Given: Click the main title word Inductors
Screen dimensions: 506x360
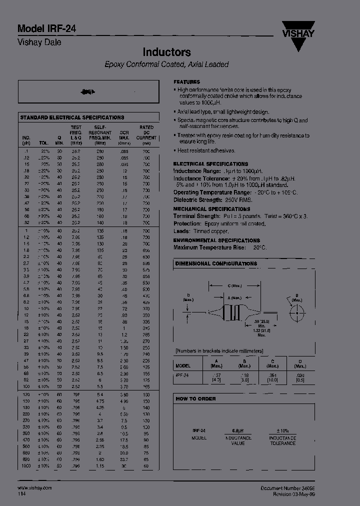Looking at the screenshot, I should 166,52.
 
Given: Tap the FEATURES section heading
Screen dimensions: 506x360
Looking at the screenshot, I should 186,81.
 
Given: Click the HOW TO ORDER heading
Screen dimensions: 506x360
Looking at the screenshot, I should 196,398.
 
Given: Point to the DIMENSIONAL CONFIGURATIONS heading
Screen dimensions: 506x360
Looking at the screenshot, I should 216,263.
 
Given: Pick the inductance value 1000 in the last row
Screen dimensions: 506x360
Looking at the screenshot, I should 26,466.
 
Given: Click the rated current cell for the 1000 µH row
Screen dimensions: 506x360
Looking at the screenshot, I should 146,466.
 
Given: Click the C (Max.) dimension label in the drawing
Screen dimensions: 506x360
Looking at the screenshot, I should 234,286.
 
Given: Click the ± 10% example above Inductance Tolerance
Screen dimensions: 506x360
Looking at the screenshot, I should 282,430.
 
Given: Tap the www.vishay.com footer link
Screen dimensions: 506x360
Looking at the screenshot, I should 34,487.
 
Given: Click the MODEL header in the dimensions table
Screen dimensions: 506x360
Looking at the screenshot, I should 183,364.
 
